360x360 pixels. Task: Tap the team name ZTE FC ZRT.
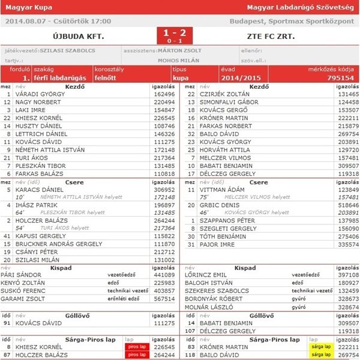(x=271, y=35)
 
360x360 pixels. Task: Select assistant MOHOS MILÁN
(x=178, y=60)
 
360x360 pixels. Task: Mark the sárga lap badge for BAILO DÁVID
(x=319, y=355)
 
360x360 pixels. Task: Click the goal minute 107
(x=191, y=331)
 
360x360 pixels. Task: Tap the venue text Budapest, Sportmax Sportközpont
(x=292, y=20)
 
